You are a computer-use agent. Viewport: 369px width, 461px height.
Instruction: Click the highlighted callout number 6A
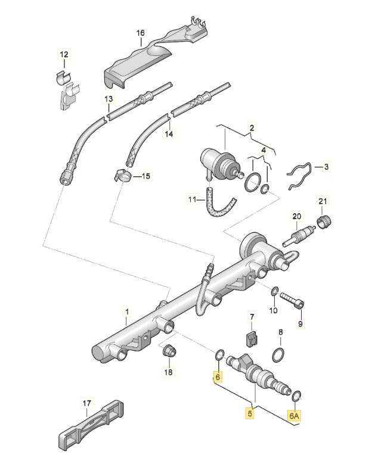[294, 415]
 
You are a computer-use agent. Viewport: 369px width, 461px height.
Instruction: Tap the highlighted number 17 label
[85, 403]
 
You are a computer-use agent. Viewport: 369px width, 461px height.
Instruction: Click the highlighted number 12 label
[64, 55]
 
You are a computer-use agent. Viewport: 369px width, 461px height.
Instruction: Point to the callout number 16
[141, 33]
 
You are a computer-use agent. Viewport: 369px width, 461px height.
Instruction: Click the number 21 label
[323, 200]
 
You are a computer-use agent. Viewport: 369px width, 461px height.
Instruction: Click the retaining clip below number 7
[252, 340]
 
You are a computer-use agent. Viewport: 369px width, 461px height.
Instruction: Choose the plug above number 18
[169, 350]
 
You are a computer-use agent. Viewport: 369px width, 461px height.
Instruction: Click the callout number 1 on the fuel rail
[126, 310]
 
